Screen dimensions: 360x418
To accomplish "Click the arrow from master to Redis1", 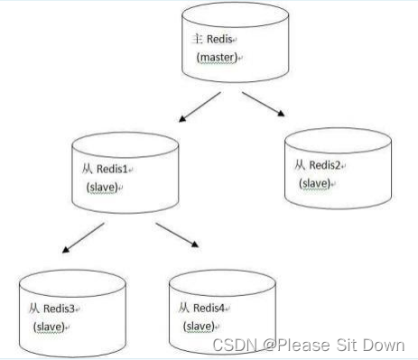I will coord(199,106).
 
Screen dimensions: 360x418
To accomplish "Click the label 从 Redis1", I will coord(105,169).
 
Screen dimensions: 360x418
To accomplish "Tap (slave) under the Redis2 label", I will coord(317,183).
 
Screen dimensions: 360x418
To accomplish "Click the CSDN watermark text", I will coord(308,346).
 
